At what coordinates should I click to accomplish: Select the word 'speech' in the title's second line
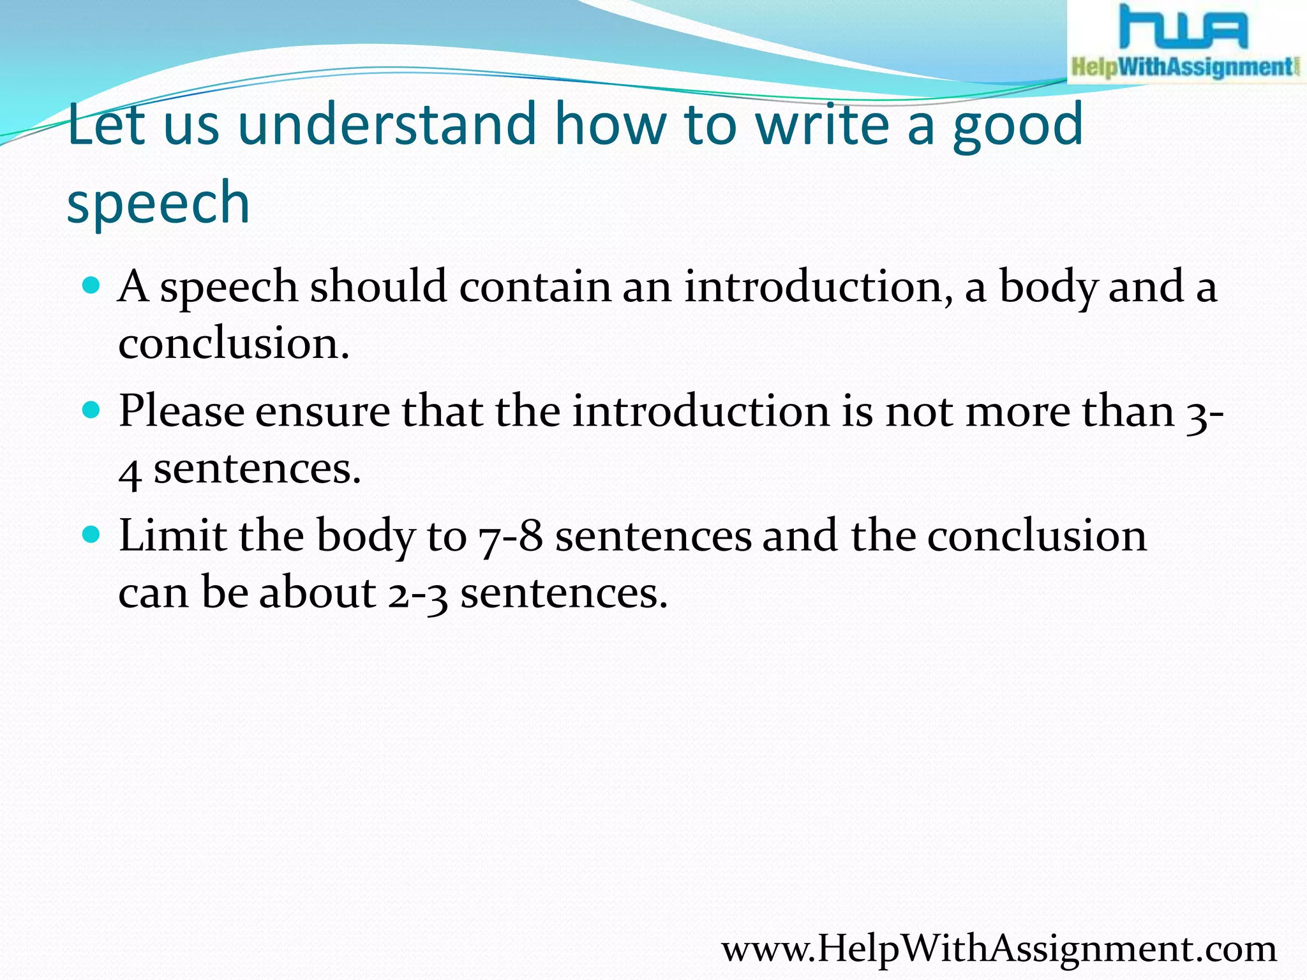point(158,203)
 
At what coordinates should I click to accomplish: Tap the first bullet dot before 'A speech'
point(92,285)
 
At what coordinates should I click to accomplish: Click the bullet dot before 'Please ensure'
point(92,409)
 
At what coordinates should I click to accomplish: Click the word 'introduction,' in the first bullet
point(819,286)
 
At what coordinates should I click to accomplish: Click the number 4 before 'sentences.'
point(130,471)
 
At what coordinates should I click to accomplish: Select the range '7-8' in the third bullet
point(511,536)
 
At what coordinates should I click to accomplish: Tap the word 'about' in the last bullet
point(318,592)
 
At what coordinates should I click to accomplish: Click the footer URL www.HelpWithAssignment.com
point(999,948)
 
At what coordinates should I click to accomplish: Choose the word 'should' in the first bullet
point(378,286)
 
